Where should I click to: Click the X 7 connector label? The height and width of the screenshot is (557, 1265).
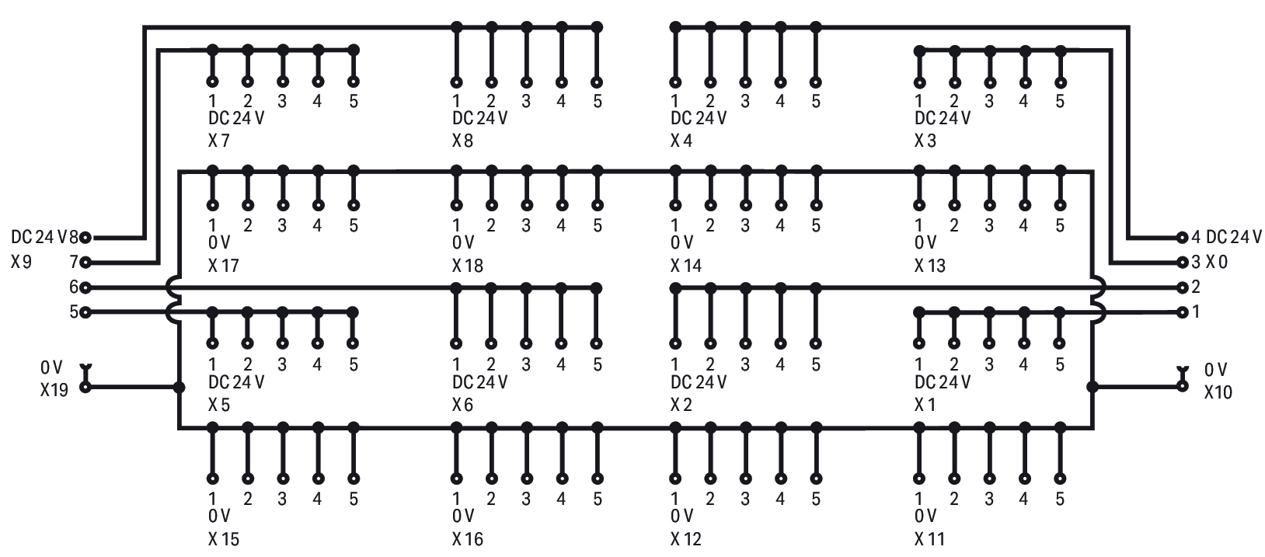coord(219,141)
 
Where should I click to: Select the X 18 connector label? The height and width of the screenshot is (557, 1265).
coord(467,266)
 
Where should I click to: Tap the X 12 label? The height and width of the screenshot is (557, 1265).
coord(685,538)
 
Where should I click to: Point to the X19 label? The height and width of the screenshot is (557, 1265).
coord(54,390)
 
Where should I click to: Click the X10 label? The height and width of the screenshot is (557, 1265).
coord(1218,392)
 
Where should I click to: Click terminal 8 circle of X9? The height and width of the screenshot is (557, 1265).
coord(85,238)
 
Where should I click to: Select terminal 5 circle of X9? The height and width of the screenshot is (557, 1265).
coord(85,312)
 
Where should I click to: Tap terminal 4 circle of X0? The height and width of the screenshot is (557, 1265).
coord(1183,237)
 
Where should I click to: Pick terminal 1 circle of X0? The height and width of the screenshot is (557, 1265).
coord(1183,312)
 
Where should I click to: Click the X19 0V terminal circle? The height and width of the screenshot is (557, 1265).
coord(85,386)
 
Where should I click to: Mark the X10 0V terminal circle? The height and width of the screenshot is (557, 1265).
coord(1183,386)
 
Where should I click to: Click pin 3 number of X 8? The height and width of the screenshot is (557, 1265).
coord(526,101)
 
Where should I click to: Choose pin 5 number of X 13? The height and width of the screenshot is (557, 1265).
coord(1060,225)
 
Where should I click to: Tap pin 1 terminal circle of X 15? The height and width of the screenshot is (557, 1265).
coord(212,479)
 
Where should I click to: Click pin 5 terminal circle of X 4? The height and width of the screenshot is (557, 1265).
coord(815,82)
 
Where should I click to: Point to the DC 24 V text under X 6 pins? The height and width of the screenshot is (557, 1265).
coord(479,382)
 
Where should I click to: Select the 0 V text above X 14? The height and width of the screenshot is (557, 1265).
coord(681,244)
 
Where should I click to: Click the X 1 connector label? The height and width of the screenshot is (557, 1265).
coord(925,405)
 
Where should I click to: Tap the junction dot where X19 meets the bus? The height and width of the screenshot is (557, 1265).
coord(179,387)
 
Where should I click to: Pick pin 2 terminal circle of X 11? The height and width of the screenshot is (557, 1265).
coord(954,479)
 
